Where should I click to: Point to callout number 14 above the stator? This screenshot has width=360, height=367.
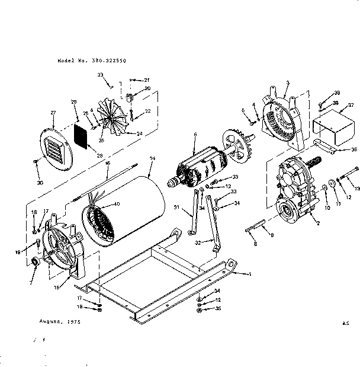point(152,158)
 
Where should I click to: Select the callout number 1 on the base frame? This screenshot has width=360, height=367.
point(249,274)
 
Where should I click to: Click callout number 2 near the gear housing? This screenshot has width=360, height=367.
point(318,223)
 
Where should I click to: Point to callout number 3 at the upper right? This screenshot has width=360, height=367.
point(287,83)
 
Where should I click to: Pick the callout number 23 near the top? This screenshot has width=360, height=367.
point(100,74)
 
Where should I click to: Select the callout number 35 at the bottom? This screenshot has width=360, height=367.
point(218,309)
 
